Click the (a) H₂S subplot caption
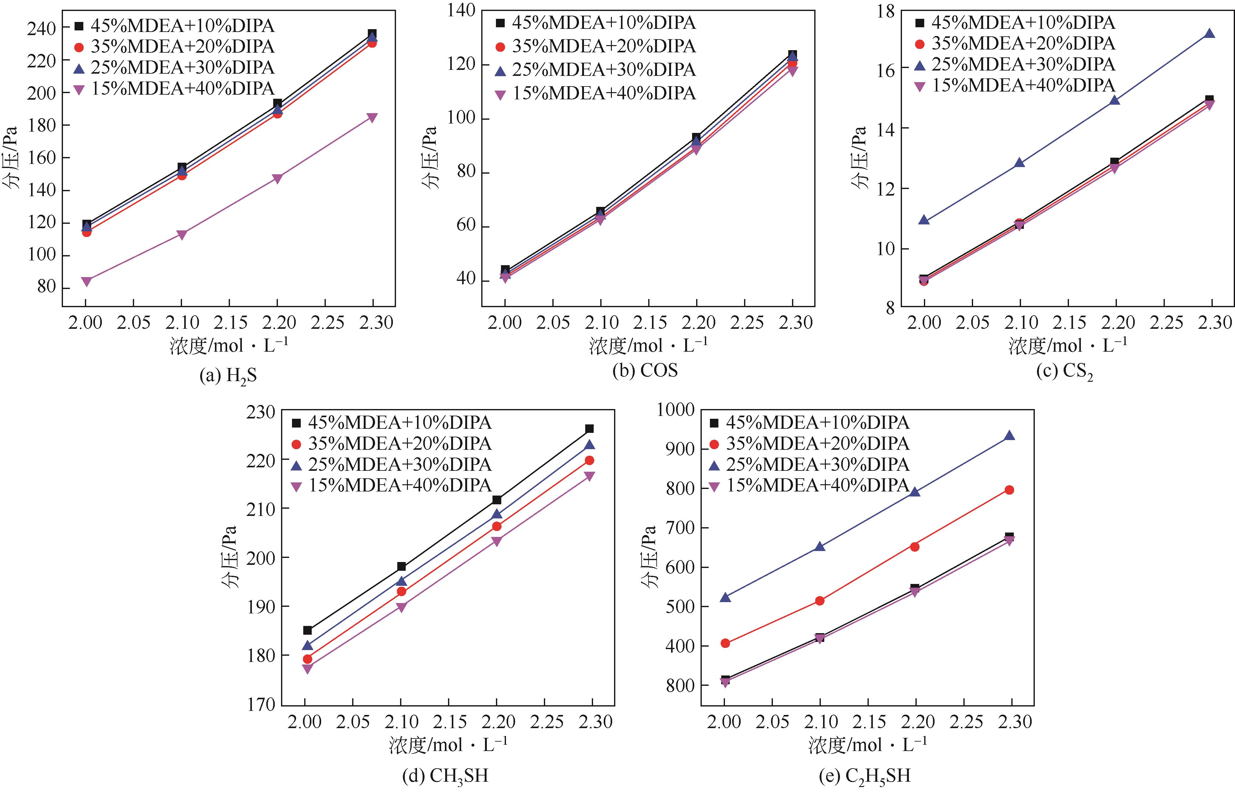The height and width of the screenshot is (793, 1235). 228,375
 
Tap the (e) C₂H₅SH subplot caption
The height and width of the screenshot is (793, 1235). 864,775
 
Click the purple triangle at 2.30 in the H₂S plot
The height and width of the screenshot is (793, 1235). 372,118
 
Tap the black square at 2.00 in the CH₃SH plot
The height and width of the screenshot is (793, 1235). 307,630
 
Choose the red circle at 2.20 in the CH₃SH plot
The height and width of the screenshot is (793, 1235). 497,526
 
